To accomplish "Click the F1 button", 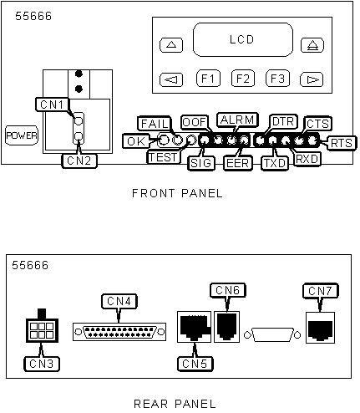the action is [208, 79].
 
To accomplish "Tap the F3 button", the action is [277, 79].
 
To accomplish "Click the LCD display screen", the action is [243, 39].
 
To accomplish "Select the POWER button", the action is [22, 135].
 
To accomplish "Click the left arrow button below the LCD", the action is [171, 79].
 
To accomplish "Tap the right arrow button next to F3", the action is [312, 79].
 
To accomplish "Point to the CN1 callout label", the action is [53, 105].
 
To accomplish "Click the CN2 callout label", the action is [79, 161].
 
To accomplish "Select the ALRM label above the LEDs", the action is [237, 120].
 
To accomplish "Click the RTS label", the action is [342, 143].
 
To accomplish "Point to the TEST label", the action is [163, 157].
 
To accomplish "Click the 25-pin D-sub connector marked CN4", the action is [119, 332].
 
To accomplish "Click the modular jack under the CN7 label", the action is [320, 328].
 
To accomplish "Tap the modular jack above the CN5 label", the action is [195, 327].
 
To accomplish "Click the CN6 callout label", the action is [227, 290].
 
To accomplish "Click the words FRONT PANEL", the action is [177, 193].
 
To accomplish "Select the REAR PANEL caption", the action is [175, 404].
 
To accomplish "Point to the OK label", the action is [136, 141].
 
